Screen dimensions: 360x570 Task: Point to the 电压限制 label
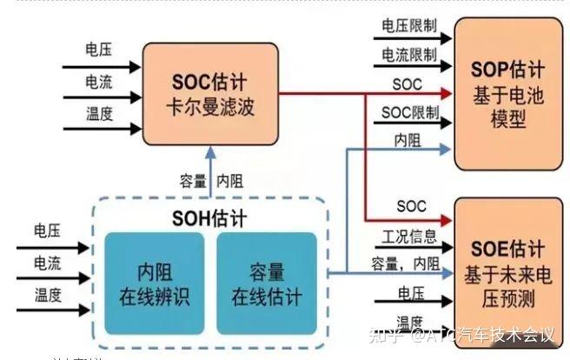tap(408, 28)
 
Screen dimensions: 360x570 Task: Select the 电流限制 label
tap(408, 56)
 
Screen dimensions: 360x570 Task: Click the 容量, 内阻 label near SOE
tap(405, 263)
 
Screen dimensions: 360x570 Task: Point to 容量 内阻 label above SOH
tap(211, 182)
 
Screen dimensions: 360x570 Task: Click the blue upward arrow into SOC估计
tap(209, 161)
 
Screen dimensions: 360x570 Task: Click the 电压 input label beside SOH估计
tap(47, 231)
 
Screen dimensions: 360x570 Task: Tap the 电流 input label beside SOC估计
tap(98, 82)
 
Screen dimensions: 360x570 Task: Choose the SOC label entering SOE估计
tap(410, 207)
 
